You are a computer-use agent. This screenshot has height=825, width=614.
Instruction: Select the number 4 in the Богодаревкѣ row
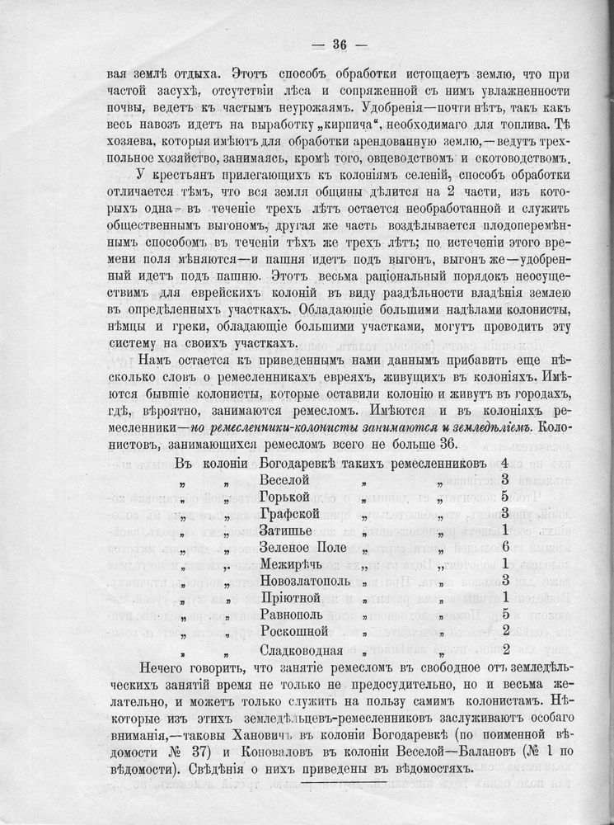point(504,460)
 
